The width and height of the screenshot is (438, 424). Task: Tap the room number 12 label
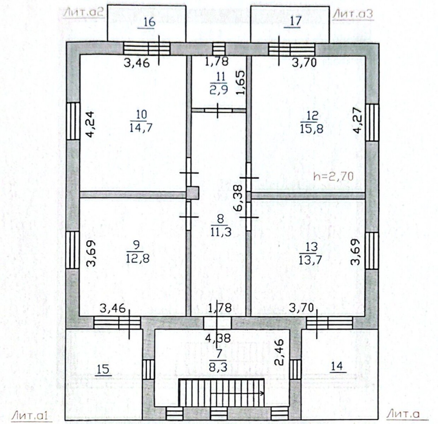click(x=312, y=115)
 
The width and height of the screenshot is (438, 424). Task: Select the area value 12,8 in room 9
click(x=138, y=258)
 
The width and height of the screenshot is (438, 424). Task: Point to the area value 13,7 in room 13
click(x=311, y=260)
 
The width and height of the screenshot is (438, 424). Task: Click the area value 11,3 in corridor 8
click(x=221, y=231)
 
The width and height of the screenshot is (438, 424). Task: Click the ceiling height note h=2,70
click(x=334, y=176)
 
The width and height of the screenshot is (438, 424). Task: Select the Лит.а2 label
click(x=84, y=13)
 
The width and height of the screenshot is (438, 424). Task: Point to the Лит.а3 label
click(x=353, y=14)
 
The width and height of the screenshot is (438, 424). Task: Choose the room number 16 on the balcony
click(x=150, y=22)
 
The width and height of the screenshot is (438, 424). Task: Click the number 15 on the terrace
click(x=103, y=369)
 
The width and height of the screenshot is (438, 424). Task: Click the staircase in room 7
click(x=221, y=392)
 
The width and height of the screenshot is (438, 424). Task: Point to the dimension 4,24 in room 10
click(x=90, y=125)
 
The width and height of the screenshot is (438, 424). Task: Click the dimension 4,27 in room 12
click(x=358, y=121)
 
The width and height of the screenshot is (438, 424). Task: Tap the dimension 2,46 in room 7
click(x=279, y=352)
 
